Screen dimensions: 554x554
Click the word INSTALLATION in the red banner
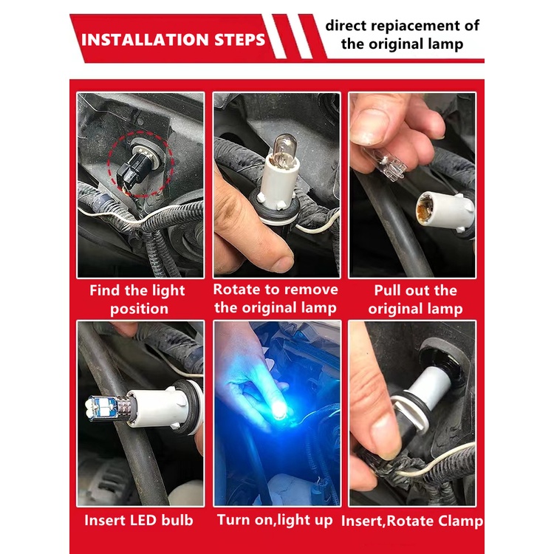click(x=145, y=40)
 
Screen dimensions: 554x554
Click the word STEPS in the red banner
click(x=239, y=40)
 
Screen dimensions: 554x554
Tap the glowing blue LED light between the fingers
click(x=279, y=410)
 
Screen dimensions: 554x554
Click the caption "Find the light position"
click(x=138, y=300)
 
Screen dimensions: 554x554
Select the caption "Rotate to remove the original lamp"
click(x=276, y=299)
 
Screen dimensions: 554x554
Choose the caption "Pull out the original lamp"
click(x=415, y=300)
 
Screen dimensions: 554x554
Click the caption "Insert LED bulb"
click(x=139, y=520)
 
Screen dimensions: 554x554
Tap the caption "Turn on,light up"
click(x=275, y=520)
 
